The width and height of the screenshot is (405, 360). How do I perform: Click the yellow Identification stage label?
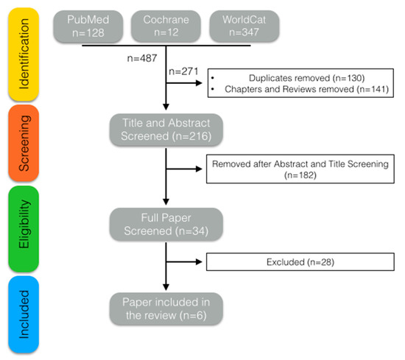(x=24, y=49)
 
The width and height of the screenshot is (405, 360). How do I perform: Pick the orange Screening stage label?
(x=24, y=140)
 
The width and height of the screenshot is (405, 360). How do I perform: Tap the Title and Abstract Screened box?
(x=166, y=130)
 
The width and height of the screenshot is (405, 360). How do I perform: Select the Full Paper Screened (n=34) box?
(x=166, y=220)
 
